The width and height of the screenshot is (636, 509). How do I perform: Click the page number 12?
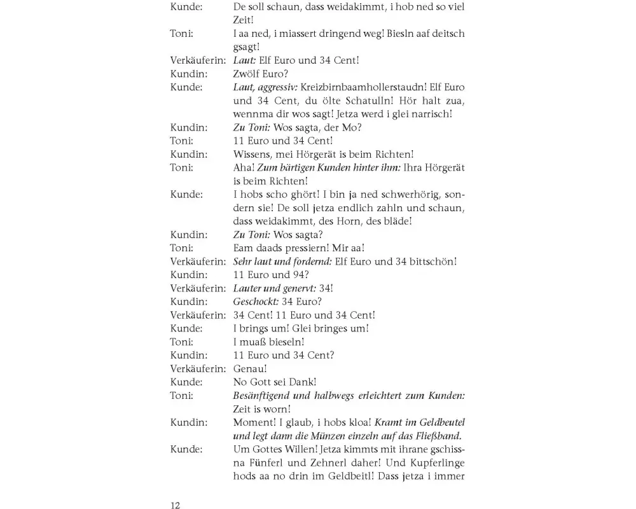[x=176, y=506]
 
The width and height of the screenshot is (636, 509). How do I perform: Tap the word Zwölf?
[x=247, y=74]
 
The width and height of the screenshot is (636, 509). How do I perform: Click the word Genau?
[x=250, y=368]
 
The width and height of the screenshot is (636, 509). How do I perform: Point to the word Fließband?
[x=436, y=436]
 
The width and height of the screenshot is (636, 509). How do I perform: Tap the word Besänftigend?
[x=266, y=395]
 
